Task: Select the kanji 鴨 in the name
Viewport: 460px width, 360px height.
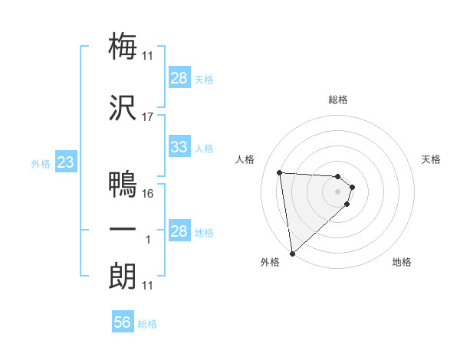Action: [x=123, y=184]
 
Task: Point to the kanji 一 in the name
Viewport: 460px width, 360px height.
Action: [x=123, y=230]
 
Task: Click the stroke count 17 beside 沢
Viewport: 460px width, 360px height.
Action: [x=148, y=117]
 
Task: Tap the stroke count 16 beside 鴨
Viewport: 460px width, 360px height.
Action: [x=148, y=194]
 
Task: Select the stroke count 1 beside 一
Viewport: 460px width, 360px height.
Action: [x=148, y=241]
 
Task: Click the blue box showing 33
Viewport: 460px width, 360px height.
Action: [x=179, y=147]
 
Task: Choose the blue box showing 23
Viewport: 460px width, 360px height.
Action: [x=65, y=162]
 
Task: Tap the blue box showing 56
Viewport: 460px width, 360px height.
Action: [x=122, y=323]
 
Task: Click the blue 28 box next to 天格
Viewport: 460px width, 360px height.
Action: [x=179, y=78]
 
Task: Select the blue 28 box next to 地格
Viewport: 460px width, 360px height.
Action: [x=179, y=231]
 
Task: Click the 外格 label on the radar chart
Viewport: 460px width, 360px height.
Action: [x=270, y=263]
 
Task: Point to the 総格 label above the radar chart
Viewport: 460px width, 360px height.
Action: [x=338, y=100]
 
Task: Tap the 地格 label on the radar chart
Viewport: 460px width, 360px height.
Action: [x=402, y=263]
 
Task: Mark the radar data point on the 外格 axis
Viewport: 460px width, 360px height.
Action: [x=292, y=253]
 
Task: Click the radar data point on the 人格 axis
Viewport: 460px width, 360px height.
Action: [x=280, y=172]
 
